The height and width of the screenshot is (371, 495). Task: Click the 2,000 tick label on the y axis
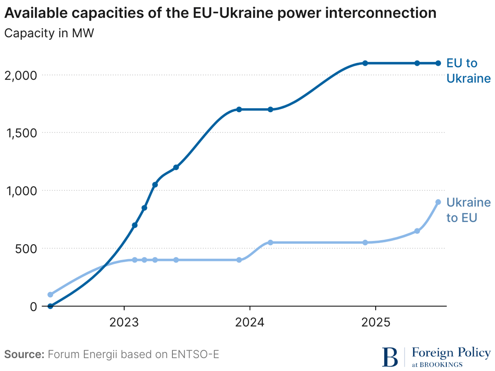20,75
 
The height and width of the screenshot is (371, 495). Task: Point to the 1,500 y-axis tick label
20,133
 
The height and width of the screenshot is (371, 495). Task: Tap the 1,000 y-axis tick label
20,191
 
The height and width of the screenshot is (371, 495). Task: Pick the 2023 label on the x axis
124,322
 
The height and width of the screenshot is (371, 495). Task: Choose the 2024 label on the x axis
250,322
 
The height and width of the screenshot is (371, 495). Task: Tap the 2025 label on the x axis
376,322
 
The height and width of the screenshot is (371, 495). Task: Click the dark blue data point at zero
50,306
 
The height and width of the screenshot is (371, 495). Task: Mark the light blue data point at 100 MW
50,295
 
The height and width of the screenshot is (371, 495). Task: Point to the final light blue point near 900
438,202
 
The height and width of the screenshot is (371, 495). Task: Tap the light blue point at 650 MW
417,231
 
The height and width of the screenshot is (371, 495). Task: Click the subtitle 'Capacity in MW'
49,34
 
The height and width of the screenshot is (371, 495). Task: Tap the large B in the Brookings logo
390,357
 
